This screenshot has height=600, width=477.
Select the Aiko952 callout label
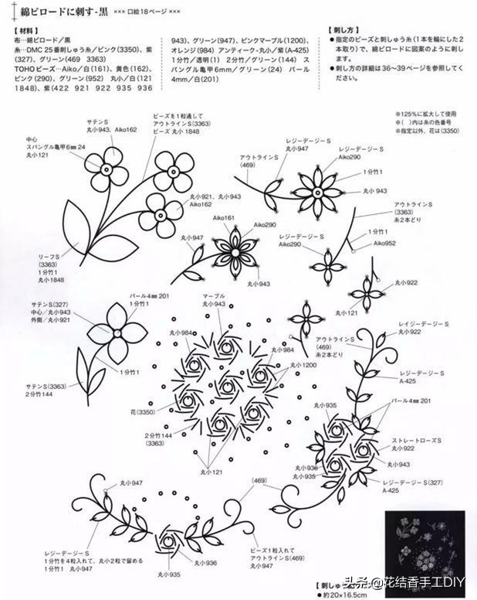pos(386,243)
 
